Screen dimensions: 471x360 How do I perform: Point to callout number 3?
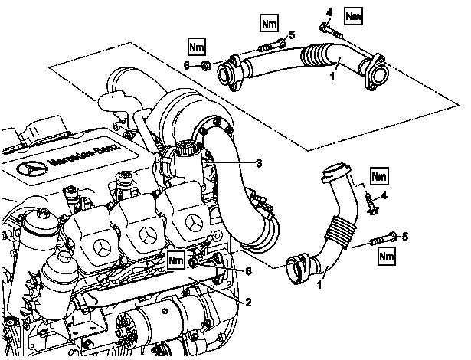coord(259,163)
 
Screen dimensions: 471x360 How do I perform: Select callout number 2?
coord(248,303)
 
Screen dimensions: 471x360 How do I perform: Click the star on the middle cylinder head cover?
coord(148,234)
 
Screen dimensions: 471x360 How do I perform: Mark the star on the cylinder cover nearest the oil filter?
coord(102,247)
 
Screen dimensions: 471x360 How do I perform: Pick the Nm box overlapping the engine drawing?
coord(176,260)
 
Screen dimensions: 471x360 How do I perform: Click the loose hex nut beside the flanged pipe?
coord(204,65)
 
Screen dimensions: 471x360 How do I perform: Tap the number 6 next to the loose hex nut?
coord(187,65)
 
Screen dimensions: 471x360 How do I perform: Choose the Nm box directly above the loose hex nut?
coord(197,47)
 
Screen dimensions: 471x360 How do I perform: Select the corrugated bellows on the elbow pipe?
coord(339,231)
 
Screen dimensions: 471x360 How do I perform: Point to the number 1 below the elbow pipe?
coord(319,284)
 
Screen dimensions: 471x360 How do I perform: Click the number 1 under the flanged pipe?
coord(332,77)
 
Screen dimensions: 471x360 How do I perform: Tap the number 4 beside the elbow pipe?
coord(384,195)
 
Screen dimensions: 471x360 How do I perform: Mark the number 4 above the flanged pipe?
coord(329,12)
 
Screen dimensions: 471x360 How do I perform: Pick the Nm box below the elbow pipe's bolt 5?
coord(387,256)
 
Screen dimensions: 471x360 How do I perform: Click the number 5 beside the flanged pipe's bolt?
coord(292,35)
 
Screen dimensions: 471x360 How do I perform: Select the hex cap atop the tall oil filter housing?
coord(44,212)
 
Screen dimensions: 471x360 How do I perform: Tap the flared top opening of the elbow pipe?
coord(336,172)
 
